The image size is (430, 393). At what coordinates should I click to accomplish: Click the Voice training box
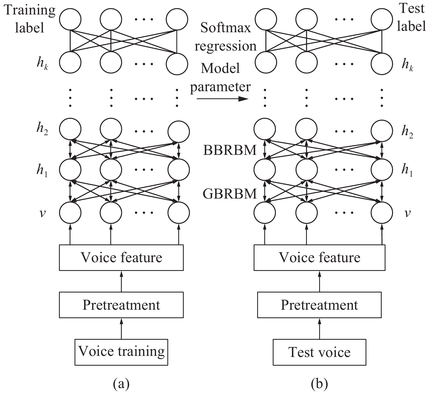pos(121,352)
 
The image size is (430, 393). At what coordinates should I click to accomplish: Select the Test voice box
pos(319,352)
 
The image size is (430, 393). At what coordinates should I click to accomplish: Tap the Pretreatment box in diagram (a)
pos(121,305)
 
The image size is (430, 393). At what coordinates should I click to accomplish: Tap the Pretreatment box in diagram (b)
pos(319,305)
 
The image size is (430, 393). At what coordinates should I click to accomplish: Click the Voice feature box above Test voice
pos(319,258)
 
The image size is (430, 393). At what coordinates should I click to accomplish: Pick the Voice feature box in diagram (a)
pos(121,258)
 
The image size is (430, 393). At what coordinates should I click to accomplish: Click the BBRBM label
pos(230,150)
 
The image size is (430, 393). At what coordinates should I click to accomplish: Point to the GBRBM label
pos(230,194)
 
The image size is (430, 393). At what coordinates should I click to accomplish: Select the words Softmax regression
pos(226,37)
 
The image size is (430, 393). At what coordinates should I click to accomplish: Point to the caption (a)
pos(121,384)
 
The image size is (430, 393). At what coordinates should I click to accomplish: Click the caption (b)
pos(319,384)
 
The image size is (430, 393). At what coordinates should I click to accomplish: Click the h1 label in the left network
pos(42,171)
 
